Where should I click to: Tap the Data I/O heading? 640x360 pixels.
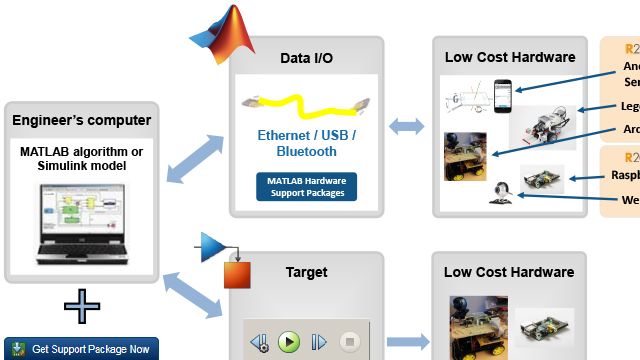tap(306, 59)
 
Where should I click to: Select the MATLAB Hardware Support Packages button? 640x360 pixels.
tap(306, 186)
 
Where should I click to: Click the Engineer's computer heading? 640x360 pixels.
tap(82, 121)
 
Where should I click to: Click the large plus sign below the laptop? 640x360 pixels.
tap(81, 306)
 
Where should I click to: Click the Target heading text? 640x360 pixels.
tap(306, 272)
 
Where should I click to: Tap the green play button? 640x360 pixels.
tap(289, 342)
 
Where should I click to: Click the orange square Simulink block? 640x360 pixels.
tap(237, 276)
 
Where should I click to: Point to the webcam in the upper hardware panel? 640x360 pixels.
tap(501, 193)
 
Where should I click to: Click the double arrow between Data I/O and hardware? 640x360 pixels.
tap(407, 127)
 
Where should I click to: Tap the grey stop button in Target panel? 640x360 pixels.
tap(349, 342)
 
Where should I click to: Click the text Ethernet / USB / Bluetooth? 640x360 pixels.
tap(306, 142)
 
